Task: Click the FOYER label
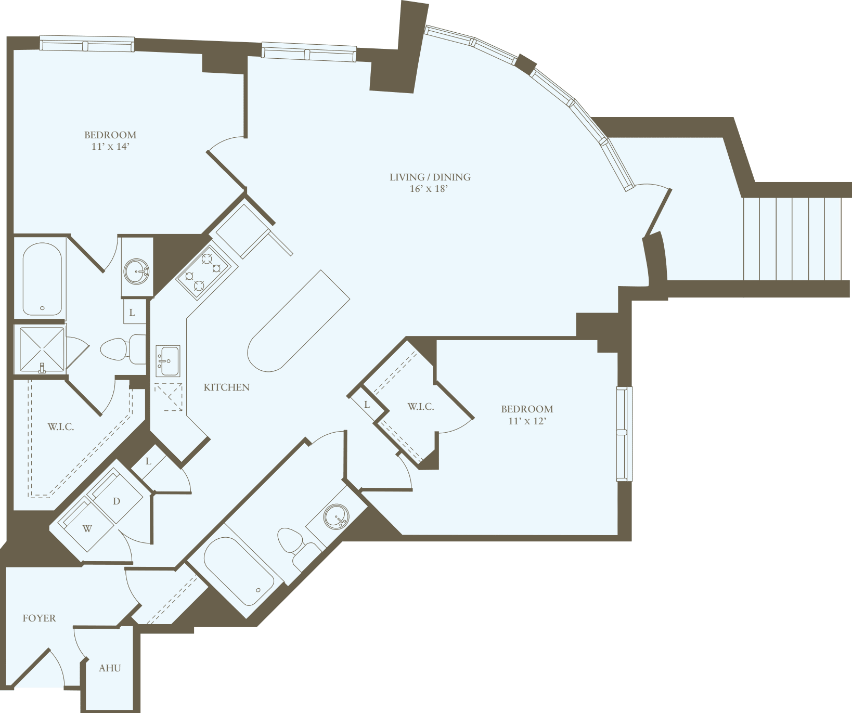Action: coord(39,618)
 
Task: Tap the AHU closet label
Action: coord(110,668)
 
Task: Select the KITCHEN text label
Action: coord(226,387)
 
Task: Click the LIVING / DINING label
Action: coord(430,177)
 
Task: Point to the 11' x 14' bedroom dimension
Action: coord(110,147)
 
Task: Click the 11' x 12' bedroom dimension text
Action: coord(527,421)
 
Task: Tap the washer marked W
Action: coord(87,529)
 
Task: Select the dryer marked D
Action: coord(117,501)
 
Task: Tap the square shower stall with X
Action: coord(42,349)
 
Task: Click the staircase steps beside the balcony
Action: coord(792,239)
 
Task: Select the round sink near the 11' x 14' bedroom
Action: coord(137,271)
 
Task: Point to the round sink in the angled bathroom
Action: coord(335,516)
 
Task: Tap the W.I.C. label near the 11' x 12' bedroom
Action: coord(420,407)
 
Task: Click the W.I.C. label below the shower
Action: coord(61,427)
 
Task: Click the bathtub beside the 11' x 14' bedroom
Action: coord(42,279)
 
